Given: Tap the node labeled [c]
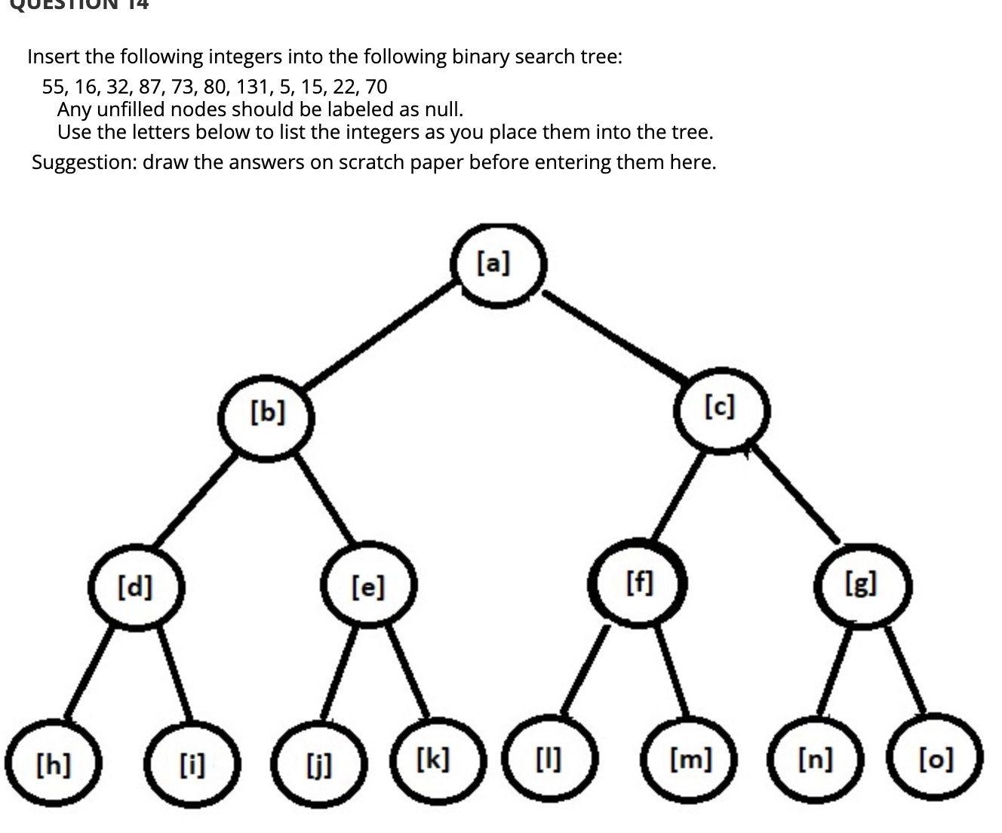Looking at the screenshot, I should pos(721,410).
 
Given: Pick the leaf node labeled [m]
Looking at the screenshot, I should pos(691,759).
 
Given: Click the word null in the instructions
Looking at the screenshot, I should pos(441,109).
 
